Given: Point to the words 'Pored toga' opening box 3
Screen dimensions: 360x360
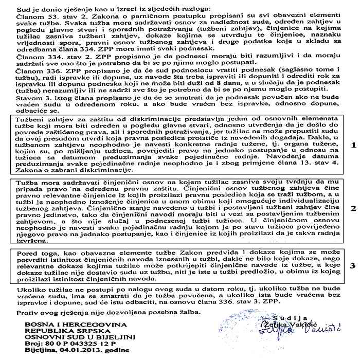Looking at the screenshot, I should coord(37,254).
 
